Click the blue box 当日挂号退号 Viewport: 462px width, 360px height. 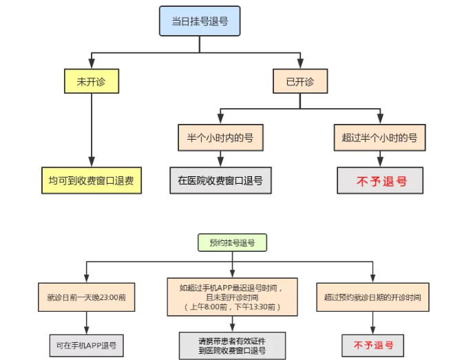click(x=200, y=21)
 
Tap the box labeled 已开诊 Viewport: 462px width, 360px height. click(x=300, y=81)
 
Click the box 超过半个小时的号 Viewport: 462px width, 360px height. click(x=379, y=137)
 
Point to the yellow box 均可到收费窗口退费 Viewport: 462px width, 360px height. click(x=90, y=180)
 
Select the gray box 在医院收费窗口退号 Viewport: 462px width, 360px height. click(x=220, y=180)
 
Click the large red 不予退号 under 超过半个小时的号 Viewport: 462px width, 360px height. click(x=379, y=181)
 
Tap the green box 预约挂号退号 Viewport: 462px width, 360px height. click(x=232, y=242)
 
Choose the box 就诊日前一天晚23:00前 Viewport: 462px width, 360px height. click(x=87, y=299)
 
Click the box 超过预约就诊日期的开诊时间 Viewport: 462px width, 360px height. click(x=372, y=299)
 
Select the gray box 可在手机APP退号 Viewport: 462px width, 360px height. click(x=87, y=345)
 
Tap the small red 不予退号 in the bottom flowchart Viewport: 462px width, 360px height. click(x=372, y=345)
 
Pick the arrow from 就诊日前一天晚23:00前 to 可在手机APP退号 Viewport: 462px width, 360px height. click(x=87, y=324)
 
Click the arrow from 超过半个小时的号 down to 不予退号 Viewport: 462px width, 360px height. click(x=379, y=159)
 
